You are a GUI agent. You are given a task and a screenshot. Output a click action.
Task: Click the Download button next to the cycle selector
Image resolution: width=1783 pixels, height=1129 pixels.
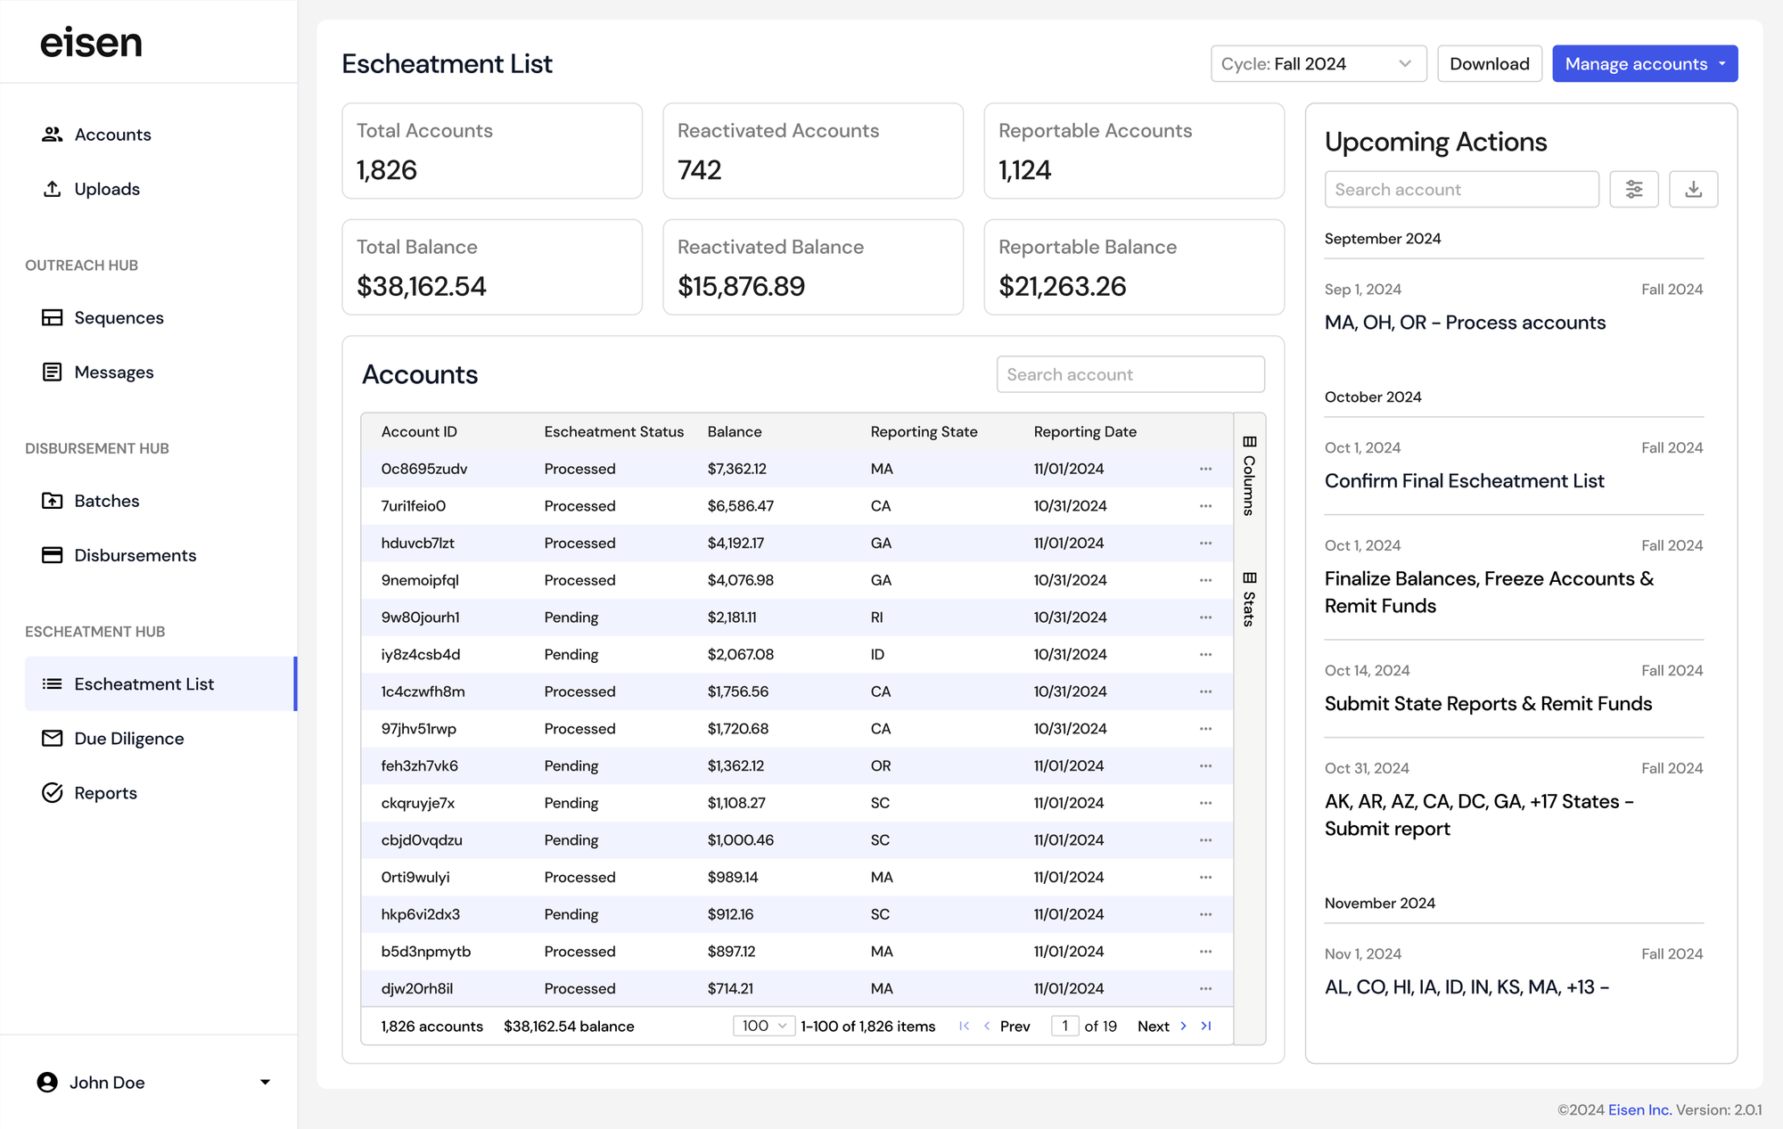(1489, 64)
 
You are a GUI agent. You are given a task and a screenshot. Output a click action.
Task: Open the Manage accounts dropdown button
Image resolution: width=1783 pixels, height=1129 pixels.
(1644, 64)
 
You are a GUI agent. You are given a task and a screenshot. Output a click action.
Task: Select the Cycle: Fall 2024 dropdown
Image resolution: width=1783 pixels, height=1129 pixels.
(1318, 64)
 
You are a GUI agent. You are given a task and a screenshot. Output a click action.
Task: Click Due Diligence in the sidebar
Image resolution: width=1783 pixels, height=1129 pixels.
(128, 739)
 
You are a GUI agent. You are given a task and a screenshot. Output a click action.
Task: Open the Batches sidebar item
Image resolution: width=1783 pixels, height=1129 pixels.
(106, 501)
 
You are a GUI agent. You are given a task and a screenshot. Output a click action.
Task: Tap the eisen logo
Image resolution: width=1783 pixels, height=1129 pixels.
(91, 43)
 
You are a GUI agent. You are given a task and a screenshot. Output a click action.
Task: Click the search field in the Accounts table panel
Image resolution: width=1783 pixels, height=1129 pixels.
(1130, 375)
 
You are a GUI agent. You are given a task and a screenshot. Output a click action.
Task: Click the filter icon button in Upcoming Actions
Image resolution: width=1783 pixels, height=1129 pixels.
(1633, 190)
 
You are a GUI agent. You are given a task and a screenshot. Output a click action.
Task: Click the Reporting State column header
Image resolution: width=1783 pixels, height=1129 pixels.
(924, 432)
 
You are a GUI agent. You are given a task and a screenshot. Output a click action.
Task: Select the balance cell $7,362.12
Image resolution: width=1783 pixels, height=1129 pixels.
(736, 470)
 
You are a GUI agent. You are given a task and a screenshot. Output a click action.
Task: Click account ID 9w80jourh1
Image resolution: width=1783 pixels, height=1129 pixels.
(420, 618)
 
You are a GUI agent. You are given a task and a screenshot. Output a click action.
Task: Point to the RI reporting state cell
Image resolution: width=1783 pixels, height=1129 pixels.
(876, 618)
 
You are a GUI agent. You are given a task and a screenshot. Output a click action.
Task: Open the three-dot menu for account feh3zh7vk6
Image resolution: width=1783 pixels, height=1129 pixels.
(1205, 766)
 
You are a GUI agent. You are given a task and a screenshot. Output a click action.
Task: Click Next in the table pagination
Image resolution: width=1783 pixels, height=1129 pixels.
(1154, 1027)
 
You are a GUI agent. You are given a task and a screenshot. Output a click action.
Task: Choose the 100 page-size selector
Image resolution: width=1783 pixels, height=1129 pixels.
(763, 1027)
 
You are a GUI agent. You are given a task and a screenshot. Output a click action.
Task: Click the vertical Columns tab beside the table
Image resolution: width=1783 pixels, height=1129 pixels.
(1249, 477)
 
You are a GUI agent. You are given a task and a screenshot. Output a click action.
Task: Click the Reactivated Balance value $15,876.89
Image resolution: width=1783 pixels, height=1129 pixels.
(741, 287)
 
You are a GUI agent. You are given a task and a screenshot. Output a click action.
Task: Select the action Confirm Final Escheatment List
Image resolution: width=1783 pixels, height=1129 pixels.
(1464, 481)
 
